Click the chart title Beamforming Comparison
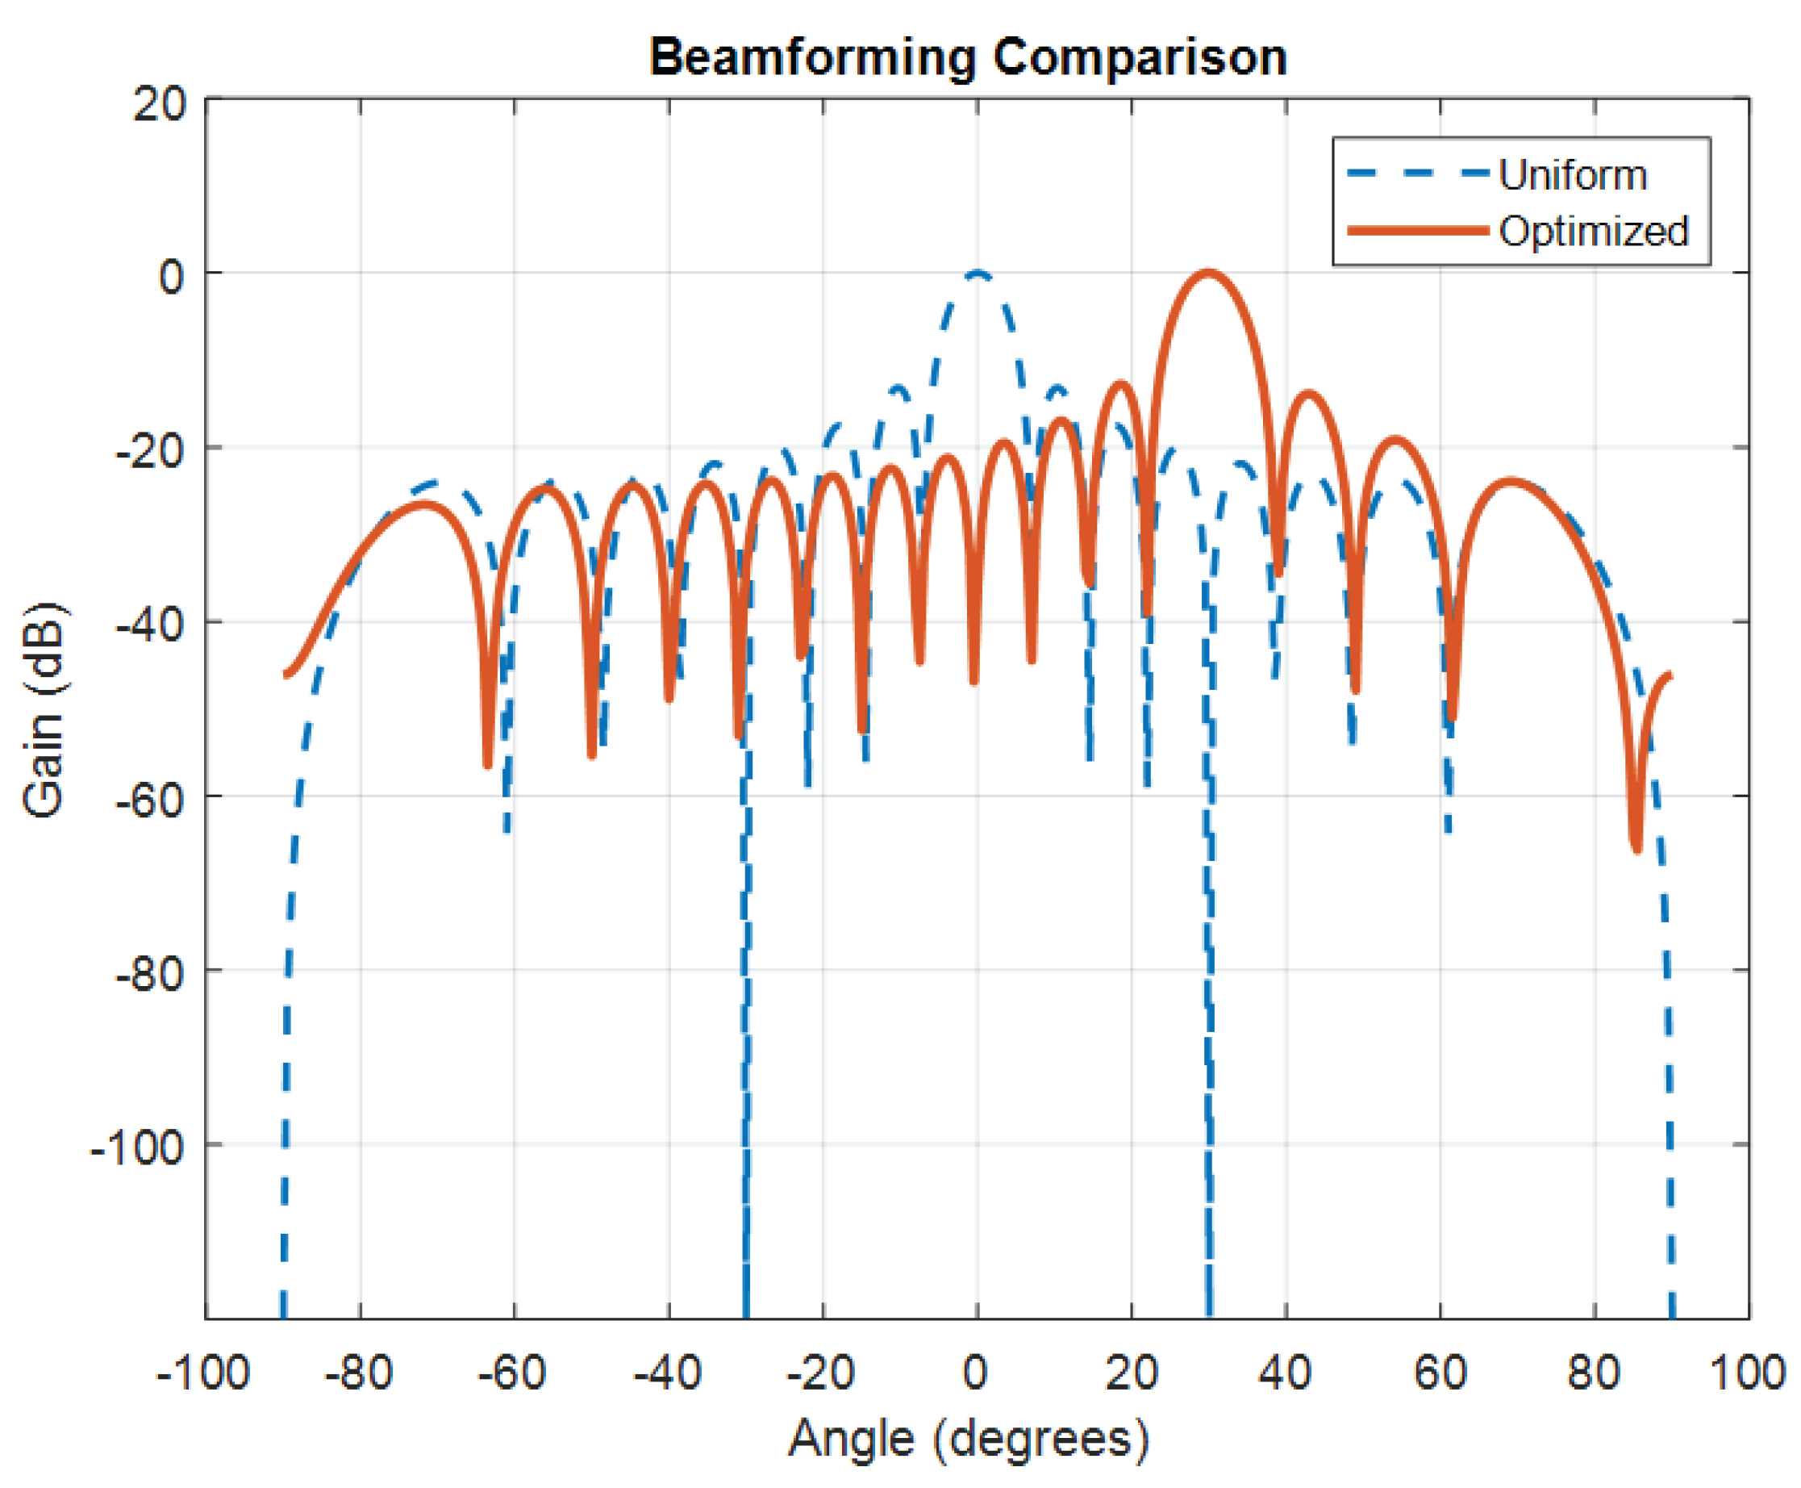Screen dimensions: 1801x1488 coord(968,58)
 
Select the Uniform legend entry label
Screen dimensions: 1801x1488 coord(1573,176)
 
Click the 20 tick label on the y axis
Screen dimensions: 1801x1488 coord(160,106)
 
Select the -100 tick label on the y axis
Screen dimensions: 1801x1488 coord(137,1147)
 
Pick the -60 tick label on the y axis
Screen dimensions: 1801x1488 coord(150,800)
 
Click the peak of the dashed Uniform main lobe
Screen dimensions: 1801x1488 coord(978,274)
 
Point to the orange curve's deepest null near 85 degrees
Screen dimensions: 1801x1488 coord(1636,849)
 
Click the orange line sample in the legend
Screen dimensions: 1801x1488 coord(1418,231)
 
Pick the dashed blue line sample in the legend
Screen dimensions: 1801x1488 coord(1418,174)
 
